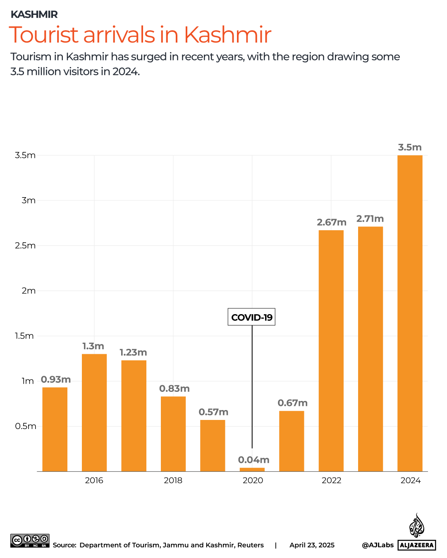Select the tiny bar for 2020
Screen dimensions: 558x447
(252, 470)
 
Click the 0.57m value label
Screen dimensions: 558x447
(213, 412)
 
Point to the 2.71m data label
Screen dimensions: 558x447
(370, 219)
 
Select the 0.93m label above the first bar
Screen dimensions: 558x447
(56, 379)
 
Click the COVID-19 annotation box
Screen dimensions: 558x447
(251, 317)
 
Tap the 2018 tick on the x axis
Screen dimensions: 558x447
(173, 480)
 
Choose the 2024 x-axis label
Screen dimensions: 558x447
(410, 480)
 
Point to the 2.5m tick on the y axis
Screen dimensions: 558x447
(25, 246)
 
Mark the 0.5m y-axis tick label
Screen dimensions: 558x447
(26, 426)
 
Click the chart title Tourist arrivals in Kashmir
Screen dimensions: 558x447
(140, 35)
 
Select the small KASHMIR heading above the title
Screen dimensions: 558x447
(34, 14)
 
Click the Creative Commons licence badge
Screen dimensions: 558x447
(30, 541)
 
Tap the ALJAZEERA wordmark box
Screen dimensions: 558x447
(417, 545)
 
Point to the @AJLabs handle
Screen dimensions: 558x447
(378, 545)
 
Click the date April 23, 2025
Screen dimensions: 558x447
(312, 545)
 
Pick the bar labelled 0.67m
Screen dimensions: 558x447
(292, 441)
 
